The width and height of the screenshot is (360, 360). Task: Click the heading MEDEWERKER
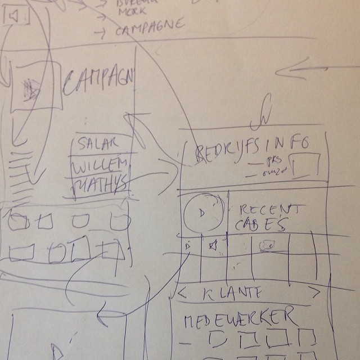pos(238,318)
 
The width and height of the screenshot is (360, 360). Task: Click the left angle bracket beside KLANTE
pos(182,292)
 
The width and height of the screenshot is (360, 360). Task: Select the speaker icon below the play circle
pos(213,246)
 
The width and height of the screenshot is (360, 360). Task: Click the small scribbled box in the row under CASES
pos(267,245)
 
